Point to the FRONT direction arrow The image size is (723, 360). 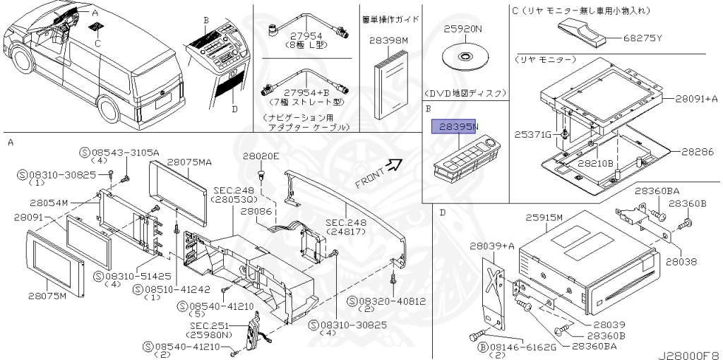pos(394,167)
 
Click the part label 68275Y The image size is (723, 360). pos(643,38)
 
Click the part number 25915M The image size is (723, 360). pos(544,219)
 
